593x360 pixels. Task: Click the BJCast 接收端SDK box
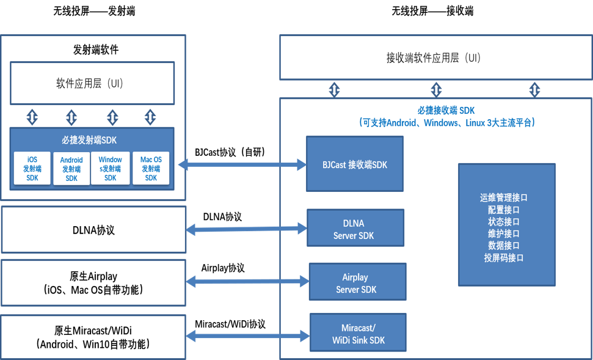tap(354, 164)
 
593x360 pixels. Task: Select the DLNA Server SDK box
tap(354, 229)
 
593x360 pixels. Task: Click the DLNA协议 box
tap(93, 230)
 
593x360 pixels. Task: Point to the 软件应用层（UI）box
tap(92, 83)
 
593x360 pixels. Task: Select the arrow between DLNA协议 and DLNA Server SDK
tap(246, 229)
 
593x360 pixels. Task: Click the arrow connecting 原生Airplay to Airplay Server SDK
tap(247, 282)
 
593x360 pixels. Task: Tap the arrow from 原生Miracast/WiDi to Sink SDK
tap(248, 336)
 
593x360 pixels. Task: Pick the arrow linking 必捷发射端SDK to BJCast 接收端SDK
tap(241, 164)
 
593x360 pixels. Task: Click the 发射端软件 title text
tap(95, 50)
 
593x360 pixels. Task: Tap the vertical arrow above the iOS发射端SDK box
tap(32, 116)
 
